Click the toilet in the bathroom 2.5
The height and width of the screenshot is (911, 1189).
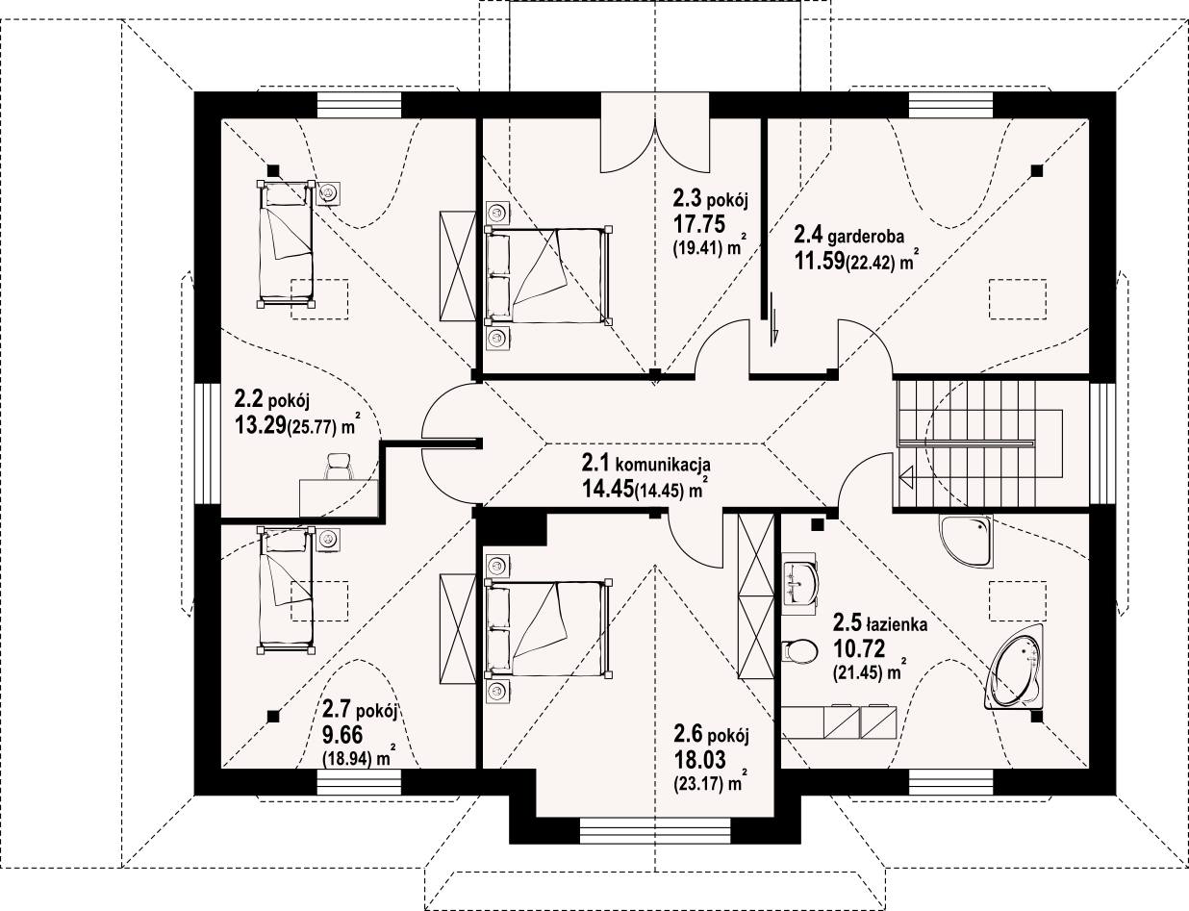pos(799,650)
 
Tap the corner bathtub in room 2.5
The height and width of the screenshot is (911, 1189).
pos(1016,674)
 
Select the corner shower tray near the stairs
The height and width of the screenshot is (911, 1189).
pos(966,540)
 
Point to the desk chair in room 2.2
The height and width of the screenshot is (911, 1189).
pos(340,466)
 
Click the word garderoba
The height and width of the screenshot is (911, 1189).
pos(866,237)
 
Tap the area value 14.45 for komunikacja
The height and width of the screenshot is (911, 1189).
pos(607,488)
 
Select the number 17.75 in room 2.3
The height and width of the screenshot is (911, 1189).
pos(698,224)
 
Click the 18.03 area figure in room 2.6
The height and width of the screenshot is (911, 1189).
pos(700,759)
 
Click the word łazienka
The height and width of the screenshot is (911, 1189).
pos(897,623)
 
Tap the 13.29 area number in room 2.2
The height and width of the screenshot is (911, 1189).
pos(261,424)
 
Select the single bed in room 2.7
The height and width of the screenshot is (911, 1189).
pos(286,591)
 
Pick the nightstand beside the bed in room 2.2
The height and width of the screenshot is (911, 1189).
pos(328,193)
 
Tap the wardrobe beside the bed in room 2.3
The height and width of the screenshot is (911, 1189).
pos(458,266)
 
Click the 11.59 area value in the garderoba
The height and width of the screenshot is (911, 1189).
pos(820,261)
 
